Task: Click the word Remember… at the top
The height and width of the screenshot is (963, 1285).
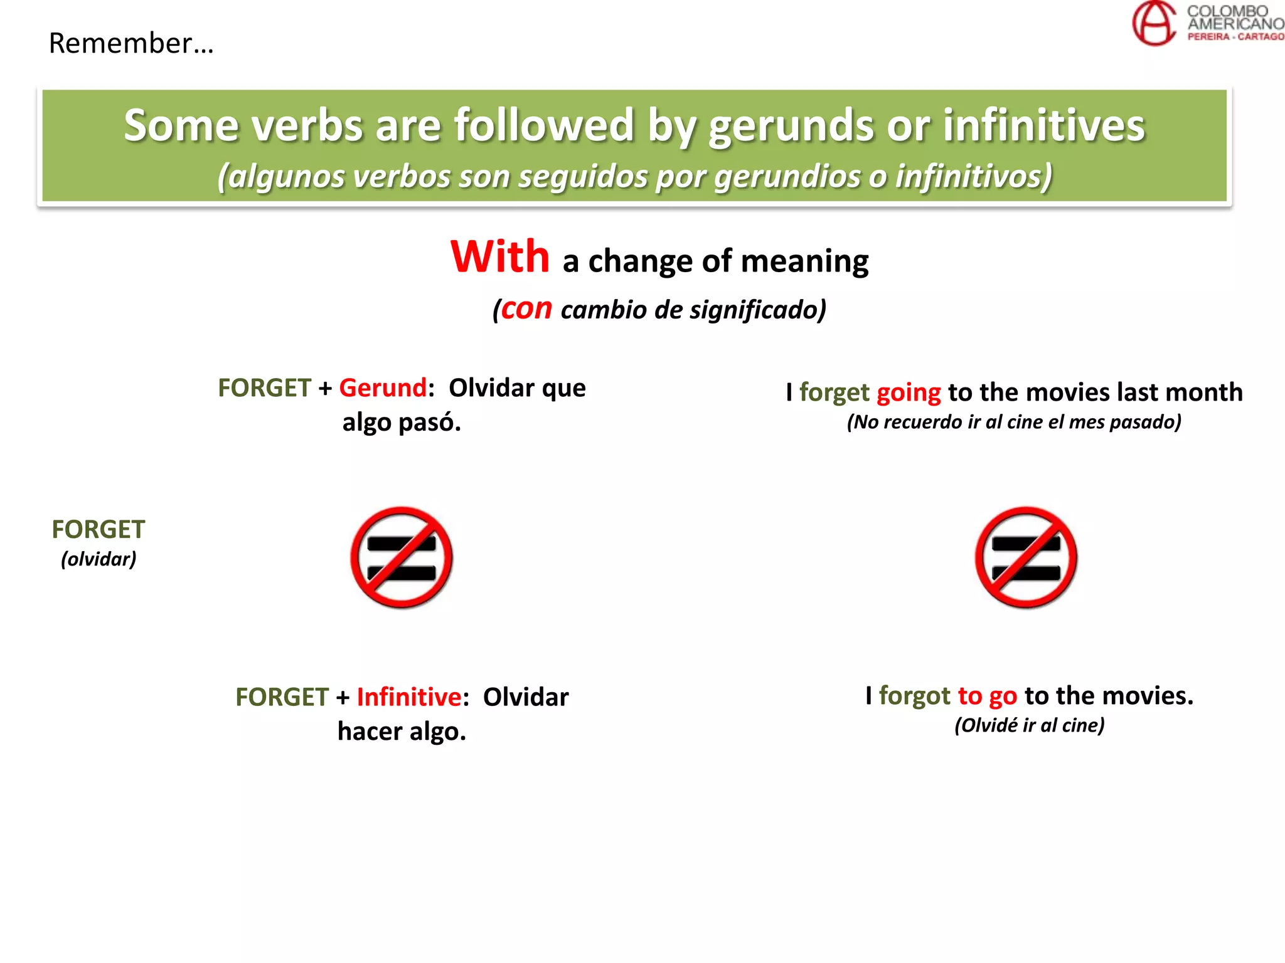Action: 131,44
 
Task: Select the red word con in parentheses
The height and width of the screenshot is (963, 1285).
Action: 526,308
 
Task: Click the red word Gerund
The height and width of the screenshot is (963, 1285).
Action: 383,388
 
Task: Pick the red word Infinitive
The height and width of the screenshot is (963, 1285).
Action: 409,697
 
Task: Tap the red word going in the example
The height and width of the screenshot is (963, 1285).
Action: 909,393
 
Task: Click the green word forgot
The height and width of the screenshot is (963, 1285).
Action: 914,696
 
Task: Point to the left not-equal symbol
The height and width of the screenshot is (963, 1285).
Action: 402,557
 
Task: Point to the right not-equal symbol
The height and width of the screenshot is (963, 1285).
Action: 1026,557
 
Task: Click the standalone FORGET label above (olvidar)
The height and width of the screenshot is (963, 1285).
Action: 99,530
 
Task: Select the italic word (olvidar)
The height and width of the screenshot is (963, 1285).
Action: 99,559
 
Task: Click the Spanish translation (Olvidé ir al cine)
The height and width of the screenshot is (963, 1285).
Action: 1029,725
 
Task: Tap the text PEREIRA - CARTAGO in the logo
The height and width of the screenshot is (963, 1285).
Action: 1235,37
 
